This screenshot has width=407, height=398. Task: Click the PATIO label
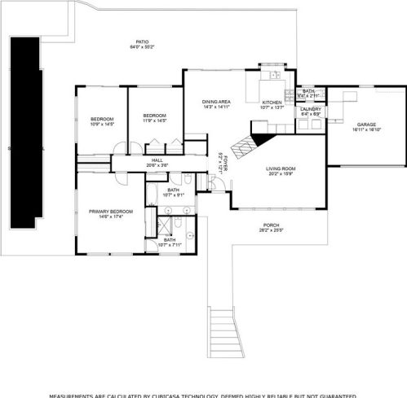point(142,42)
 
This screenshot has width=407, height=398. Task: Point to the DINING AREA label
point(216,101)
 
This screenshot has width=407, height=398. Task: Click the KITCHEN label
point(271,103)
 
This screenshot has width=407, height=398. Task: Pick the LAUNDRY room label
point(310,108)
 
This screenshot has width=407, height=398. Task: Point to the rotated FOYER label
point(223,161)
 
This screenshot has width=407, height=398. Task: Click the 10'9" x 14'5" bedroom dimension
point(101,125)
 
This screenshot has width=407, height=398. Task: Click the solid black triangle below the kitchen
point(263,127)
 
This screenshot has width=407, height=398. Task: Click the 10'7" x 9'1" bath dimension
point(174,194)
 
